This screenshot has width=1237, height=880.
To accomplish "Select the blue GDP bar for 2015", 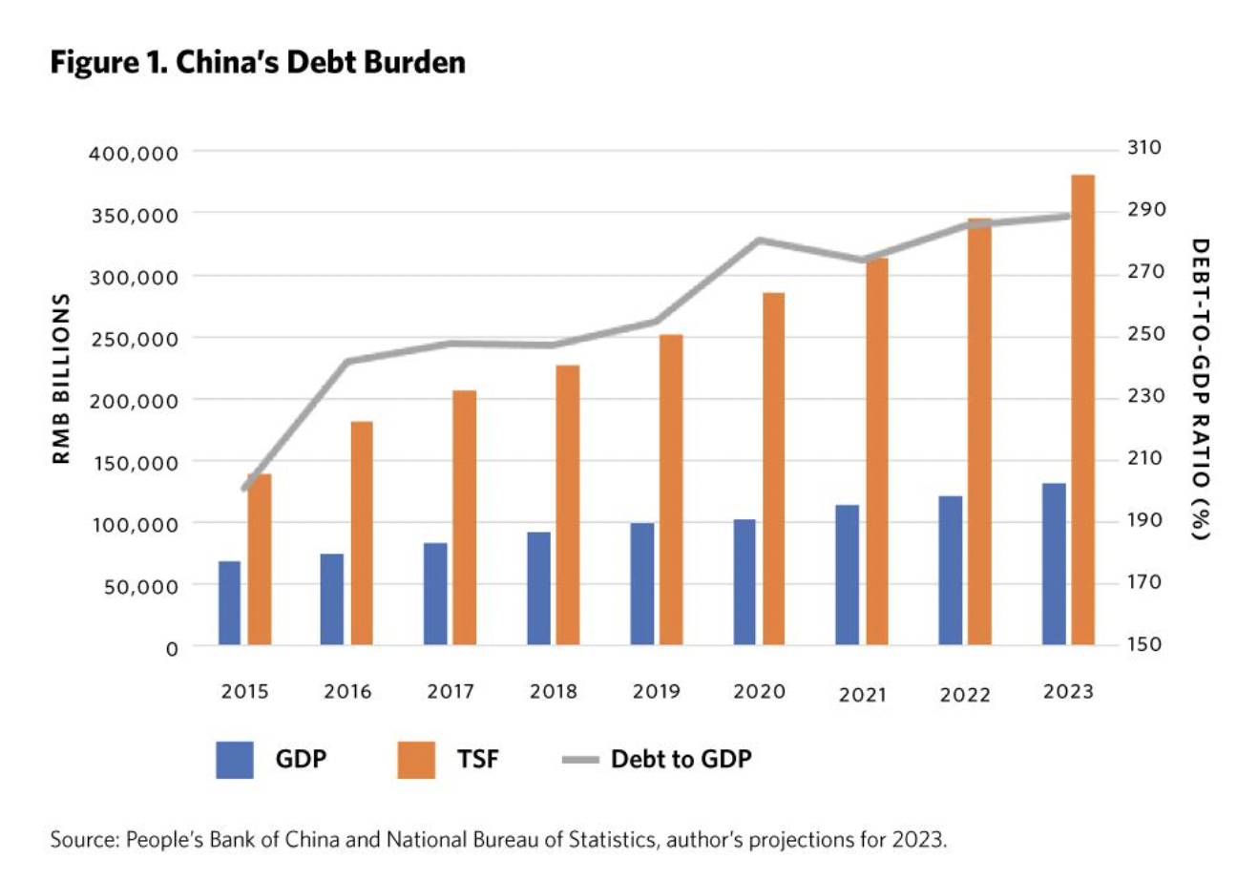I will click(229, 603).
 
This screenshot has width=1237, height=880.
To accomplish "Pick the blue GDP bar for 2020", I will click(744, 582).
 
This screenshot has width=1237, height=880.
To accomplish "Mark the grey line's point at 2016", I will click(347, 362).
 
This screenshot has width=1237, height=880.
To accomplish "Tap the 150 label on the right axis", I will click(1146, 644).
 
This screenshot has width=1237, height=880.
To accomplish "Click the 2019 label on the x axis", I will click(656, 691).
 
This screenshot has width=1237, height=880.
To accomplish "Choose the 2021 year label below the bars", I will click(862, 694).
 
